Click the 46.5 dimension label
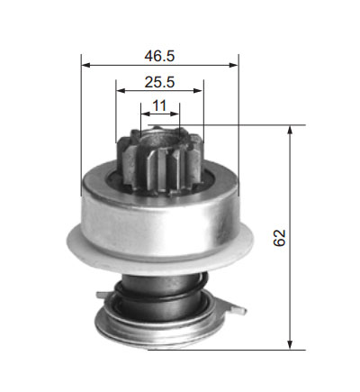tap(159, 56)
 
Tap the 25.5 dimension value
tap(159, 82)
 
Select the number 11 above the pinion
tap(159, 105)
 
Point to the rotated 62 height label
tap(279, 238)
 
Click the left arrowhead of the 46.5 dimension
tap(85, 65)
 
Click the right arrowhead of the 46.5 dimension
tap(233, 65)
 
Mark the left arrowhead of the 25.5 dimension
tap(121, 90)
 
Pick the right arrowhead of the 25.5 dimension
tap(199, 90)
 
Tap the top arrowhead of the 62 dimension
tap(290, 130)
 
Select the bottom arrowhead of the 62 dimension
tap(290, 344)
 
